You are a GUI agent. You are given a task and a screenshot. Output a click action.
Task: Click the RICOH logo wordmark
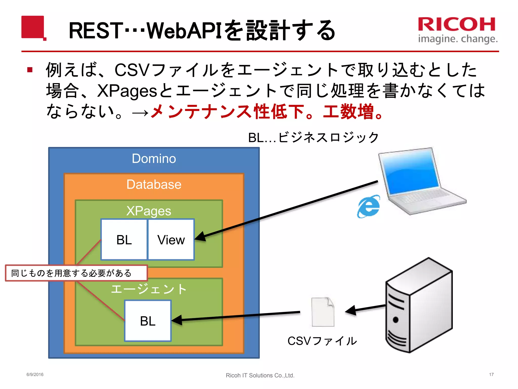click(x=457, y=25)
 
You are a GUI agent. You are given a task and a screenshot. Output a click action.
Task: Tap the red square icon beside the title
click(x=33, y=27)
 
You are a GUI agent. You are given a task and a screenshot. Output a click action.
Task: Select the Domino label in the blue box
click(x=154, y=159)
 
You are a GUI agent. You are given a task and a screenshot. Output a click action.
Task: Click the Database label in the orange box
click(x=154, y=184)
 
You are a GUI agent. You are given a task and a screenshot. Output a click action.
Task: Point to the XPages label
click(x=149, y=211)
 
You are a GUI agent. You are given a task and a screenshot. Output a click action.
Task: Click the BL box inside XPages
click(x=124, y=240)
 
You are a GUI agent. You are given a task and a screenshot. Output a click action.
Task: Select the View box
click(x=171, y=240)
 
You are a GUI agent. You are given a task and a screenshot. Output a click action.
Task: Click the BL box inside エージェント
click(x=148, y=321)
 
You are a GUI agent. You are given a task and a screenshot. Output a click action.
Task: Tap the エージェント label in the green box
click(x=149, y=289)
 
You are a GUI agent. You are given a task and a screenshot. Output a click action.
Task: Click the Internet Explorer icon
click(x=369, y=206)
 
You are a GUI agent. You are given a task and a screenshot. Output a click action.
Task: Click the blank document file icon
click(x=323, y=312)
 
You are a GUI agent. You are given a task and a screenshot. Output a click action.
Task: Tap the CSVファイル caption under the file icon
click(x=322, y=341)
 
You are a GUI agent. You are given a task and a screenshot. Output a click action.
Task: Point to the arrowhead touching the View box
click(x=200, y=237)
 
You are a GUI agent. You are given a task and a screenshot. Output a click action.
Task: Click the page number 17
click(x=491, y=375)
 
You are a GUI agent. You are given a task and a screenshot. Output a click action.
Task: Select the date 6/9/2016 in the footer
click(x=35, y=375)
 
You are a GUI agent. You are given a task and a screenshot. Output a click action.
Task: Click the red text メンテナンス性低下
click(x=228, y=112)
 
